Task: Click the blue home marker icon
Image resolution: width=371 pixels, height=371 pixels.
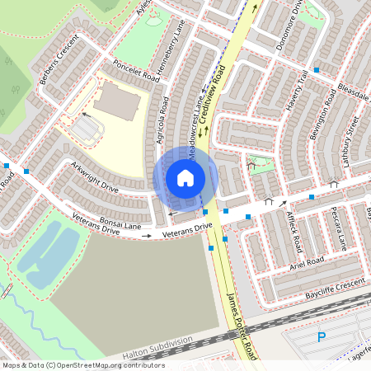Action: click(185, 177)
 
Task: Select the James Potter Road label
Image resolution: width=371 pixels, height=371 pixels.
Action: click(242, 326)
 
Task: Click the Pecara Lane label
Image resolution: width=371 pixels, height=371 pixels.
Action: click(337, 230)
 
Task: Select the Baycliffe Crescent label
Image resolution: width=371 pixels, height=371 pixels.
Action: click(334, 283)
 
